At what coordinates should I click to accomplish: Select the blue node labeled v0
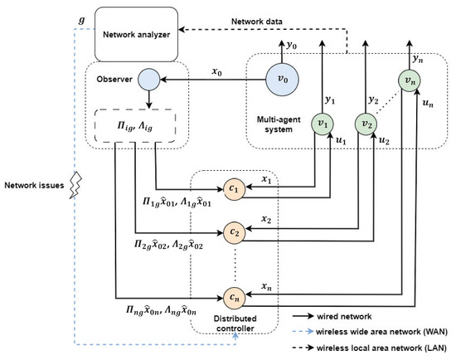click(285, 80)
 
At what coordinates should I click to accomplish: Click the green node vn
click(407, 81)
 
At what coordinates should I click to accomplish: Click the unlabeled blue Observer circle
click(148, 80)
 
